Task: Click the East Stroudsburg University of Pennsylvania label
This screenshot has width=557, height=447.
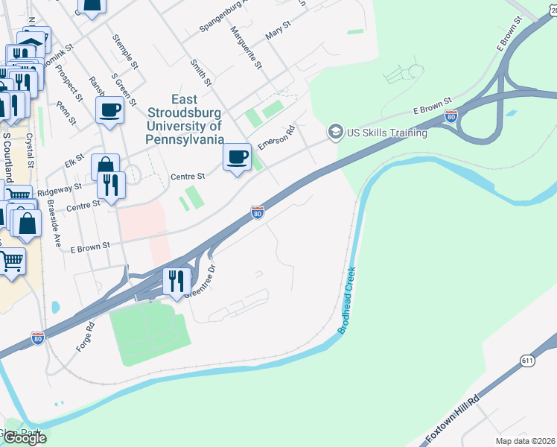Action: (x=186, y=119)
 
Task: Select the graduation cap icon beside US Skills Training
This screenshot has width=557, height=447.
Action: (x=335, y=133)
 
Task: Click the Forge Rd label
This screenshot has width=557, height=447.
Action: (x=85, y=337)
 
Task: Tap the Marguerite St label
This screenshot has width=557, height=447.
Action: (x=246, y=47)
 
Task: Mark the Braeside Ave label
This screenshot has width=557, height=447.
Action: (x=53, y=223)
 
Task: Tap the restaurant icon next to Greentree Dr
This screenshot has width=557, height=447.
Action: (x=176, y=281)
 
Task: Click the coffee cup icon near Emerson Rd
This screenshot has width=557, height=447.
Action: (x=238, y=157)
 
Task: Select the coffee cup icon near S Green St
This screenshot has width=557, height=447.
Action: (x=110, y=110)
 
